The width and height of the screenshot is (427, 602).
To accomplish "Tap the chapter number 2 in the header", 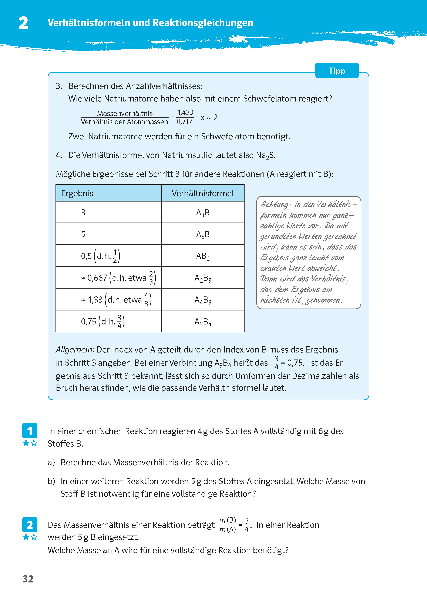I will [x=23, y=23].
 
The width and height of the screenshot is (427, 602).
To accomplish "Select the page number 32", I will [x=28, y=579].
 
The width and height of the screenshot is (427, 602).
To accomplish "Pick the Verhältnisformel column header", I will [x=202, y=193].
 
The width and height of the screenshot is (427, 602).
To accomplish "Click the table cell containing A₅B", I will [x=203, y=234].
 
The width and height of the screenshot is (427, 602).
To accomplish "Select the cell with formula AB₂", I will [x=203, y=256].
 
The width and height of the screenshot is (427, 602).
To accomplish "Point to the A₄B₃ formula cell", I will [x=203, y=300].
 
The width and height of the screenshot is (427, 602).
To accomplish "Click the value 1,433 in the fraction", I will [x=185, y=112].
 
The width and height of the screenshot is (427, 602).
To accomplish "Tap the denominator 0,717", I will [x=184, y=121].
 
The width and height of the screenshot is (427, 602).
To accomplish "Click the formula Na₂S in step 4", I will [x=265, y=155].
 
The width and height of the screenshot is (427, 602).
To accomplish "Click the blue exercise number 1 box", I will [x=30, y=431].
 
